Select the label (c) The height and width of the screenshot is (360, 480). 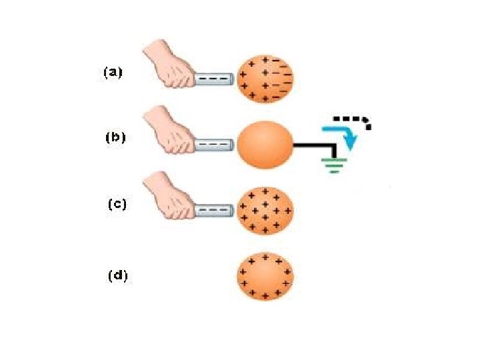(x=118, y=205)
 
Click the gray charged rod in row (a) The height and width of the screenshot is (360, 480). (x=214, y=79)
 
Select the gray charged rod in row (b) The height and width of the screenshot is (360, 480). (x=214, y=143)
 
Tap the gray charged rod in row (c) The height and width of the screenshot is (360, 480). (x=214, y=210)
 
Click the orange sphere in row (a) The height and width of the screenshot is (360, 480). (x=265, y=79)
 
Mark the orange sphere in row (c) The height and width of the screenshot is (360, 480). (x=265, y=211)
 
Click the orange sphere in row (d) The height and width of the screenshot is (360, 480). (x=265, y=276)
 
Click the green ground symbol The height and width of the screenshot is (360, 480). (x=333, y=164)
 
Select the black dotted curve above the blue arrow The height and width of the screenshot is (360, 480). (x=353, y=119)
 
